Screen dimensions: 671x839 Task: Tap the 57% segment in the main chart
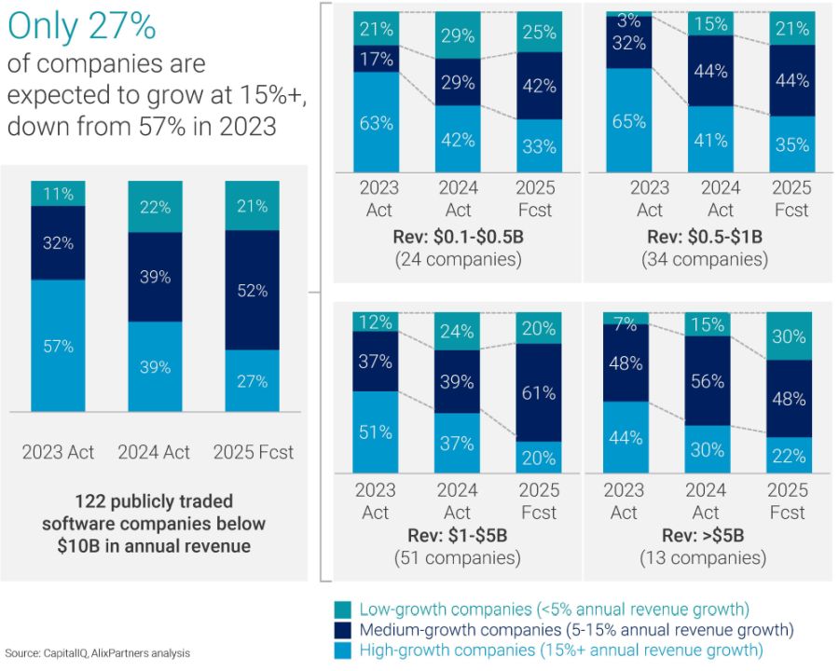[x=58, y=346]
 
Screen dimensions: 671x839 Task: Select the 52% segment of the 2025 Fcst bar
[x=253, y=290]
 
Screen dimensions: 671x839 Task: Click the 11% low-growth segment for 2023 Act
[x=58, y=194]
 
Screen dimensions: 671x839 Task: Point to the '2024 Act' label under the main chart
[x=154, y=453]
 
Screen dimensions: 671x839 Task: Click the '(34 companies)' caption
[x=705, y=259]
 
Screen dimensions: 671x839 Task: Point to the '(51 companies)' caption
[x=457, y=558]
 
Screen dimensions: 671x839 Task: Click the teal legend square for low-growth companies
[x=342, y=609]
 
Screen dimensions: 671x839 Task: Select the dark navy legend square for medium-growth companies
[x=342, y=630]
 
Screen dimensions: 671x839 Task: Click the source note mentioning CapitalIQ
[x=98, y=652]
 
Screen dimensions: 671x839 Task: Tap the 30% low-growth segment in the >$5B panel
[x=789, y=336]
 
